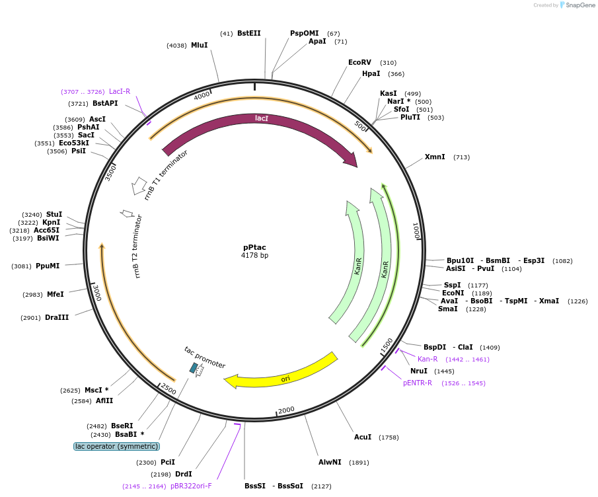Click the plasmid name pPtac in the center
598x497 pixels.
click(254, 247)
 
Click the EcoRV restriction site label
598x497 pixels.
click(359, 63)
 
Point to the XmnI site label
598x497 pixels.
click(435, 157)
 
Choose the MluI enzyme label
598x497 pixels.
click(199, 46)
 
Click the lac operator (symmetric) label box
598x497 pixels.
click(117, 447)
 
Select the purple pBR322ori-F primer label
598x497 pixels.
click(191, 486)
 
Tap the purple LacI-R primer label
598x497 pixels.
click(120, 92)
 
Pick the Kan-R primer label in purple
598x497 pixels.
click(428, 360)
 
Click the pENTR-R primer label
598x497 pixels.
click(418, 383)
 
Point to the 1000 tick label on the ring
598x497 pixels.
click(416, 231)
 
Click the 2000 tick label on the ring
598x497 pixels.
click(286, 410)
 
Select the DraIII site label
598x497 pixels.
click(57, 318)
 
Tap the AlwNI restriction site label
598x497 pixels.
click(330, 463)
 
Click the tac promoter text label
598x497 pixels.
click(205, 358)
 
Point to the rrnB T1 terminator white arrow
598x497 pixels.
click(139, 186)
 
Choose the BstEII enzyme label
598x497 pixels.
click(249, 33)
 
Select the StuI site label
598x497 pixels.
click(54, 215)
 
